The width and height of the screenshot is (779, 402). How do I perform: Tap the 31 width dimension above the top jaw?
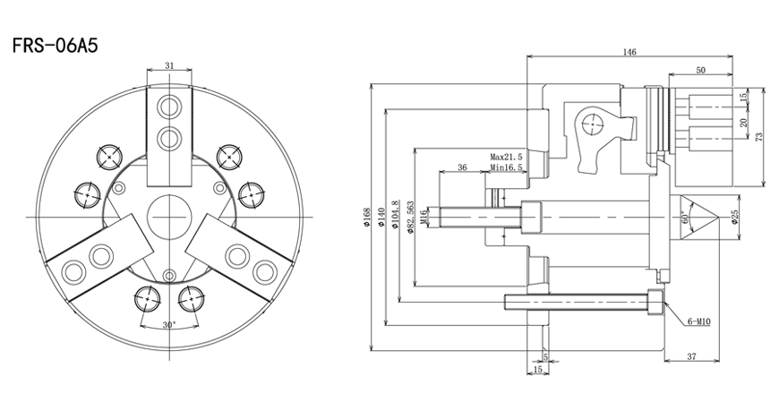click(x=169, y=65)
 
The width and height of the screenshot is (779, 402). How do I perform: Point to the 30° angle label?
click(x=169, y=324)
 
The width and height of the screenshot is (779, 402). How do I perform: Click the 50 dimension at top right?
click(x=700, y=70)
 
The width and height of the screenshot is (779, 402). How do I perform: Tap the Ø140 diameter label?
click(x=381, y=217)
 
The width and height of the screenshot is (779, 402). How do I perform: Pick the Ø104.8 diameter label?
click(x=396, y=217)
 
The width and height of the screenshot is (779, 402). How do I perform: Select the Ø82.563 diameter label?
click(x=410, y=218)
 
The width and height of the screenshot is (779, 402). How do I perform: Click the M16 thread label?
click(x=424, y=217)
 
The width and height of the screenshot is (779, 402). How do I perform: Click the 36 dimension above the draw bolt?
click(x=462, y=167)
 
